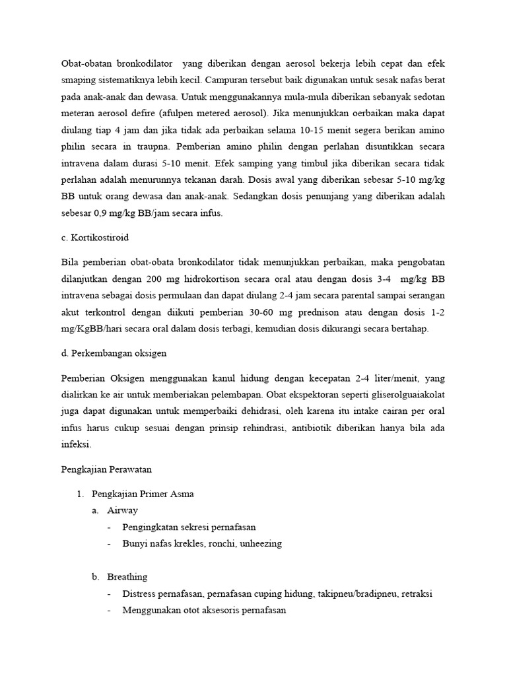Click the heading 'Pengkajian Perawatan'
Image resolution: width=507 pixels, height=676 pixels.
point(106,470)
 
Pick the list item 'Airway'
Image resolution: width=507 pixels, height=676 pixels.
point(123,510)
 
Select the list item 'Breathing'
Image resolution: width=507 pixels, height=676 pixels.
point(127,576)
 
